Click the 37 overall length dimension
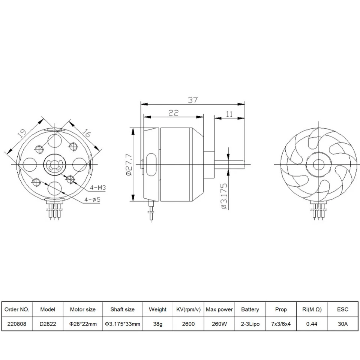(193, 100)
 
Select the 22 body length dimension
(173, 112)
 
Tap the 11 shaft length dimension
(229, 114)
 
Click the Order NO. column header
(17, 309)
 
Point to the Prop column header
(280, 309)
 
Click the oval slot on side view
(151, 164)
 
